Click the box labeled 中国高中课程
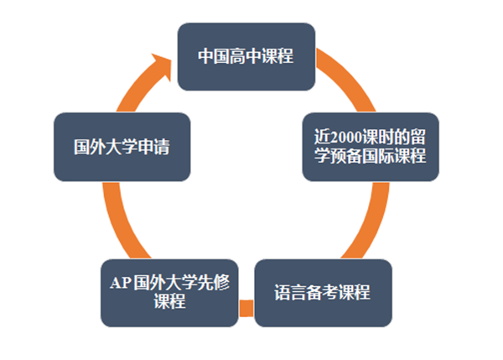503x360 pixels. tap(246, 56)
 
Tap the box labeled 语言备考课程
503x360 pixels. tap(322, 293)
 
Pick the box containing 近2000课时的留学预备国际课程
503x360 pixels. tap(371, 145)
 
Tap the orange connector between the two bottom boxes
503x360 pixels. tap(246, 309)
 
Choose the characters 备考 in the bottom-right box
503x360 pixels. tap(322, 293)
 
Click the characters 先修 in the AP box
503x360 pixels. tap(210, 282)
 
